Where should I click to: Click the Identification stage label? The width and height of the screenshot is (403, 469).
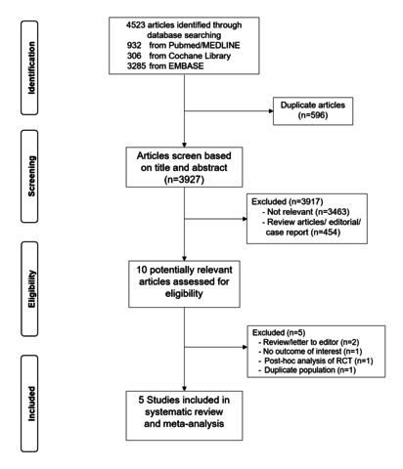tap(31, 67)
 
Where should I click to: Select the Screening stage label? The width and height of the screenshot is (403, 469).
tap(31, 176)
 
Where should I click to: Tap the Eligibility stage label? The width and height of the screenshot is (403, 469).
tap(31, 289)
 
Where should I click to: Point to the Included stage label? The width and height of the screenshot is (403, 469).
tap(31, 404)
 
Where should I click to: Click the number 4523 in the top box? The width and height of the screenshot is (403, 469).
tap(136, 25)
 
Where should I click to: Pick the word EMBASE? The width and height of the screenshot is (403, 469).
tap(186, 65)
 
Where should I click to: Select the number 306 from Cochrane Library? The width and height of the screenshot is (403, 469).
tap(134, 56)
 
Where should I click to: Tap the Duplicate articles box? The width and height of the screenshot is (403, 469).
tap(313, 110)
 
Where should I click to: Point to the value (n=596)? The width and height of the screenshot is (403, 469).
tap(313, 115)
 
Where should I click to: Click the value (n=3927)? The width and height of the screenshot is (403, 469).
tap(184, 180)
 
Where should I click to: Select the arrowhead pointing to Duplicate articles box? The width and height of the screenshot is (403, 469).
tap(271, 110)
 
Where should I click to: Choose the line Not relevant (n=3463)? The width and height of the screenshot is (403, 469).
tap(305, 212)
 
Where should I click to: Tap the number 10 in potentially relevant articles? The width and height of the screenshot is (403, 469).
tap(142, 270)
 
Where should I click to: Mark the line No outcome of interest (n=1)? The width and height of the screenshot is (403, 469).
tap(310, 352)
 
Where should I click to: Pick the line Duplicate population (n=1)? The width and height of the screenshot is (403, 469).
tap(306, 370)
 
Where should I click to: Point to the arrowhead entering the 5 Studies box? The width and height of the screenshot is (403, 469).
tap(184, 389)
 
